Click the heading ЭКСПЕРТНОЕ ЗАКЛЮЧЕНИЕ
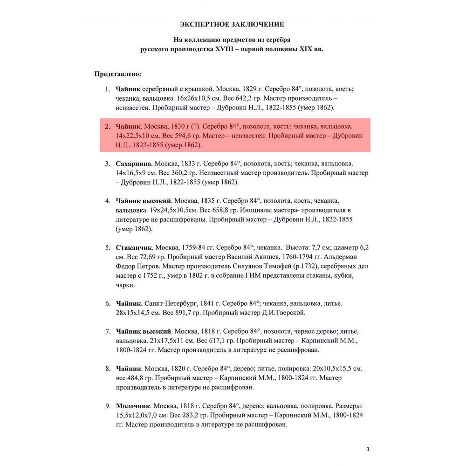click(232, 24)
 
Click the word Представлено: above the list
click(118, 74)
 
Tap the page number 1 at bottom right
click(368, 449)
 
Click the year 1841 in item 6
click(212, 303)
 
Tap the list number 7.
click(107, 331)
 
